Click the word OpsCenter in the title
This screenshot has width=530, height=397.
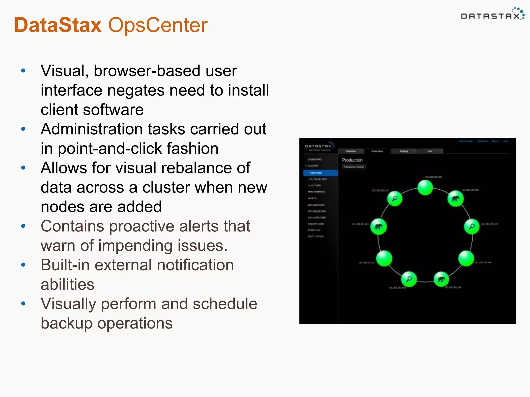pos(158,25)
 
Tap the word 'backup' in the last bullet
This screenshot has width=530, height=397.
pos(66,323)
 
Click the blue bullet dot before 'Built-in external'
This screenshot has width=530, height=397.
pos(23,265)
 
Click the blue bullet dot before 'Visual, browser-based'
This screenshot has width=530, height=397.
pos(23,71)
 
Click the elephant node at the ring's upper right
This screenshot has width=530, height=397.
pos(455,198)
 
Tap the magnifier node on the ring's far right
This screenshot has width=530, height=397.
pos(472,226)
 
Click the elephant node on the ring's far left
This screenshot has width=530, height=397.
pos(378,227)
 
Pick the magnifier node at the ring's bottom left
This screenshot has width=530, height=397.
pos(409,279)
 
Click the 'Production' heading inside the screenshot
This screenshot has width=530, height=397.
pos(352,160)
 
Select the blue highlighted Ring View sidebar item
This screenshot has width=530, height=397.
pos(320,173)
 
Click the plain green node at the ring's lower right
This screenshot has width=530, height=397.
pos(466,258)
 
